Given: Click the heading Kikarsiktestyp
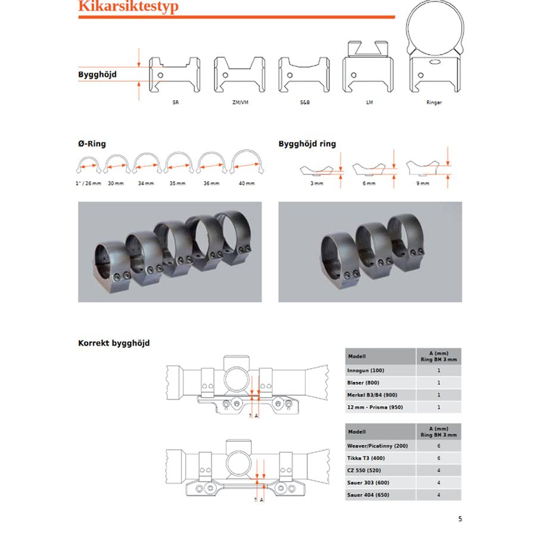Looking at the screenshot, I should click(x=128, y=7).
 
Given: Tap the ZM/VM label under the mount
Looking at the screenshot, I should click(x=239, y=102).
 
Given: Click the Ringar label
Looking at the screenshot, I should click(x=434, y=102).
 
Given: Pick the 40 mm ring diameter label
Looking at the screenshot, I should click(x=246, y=184).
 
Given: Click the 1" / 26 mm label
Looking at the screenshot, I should click(x=89, y=184).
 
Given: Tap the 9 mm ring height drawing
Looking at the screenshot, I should click(x=424, y=167).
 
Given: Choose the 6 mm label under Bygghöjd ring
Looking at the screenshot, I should click(x=370, y=184).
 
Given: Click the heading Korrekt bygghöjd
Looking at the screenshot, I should click(x=114, y=343).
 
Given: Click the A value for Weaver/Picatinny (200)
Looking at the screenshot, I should click(x=439, y=446).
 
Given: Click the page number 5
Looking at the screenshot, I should click(x=460, y=518).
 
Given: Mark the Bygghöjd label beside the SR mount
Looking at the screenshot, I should click(x=97, y=75).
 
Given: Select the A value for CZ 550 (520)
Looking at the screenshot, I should click(x=439, y=470).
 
